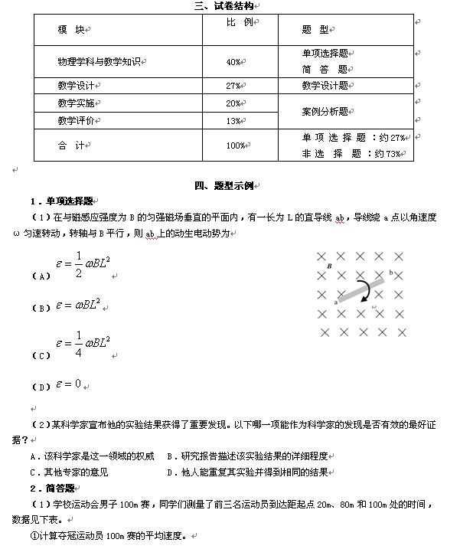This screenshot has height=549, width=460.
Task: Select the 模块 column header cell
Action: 71,29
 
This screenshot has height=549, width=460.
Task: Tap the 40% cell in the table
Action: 234,61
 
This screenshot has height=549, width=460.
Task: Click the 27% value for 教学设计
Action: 234,86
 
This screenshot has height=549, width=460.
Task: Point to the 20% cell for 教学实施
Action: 234,103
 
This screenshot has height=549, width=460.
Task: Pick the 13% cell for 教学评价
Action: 234,121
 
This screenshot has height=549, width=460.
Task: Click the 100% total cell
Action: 235,145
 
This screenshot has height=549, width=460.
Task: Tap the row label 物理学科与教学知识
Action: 101,61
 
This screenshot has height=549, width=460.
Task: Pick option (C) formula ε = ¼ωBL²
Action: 84,346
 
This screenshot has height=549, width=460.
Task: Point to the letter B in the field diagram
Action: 329,266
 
